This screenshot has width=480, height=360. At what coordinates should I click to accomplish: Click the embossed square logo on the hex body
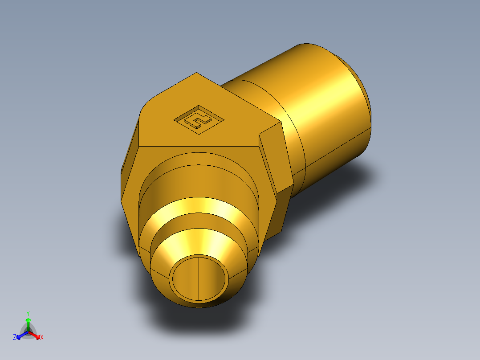(x=199, y=119)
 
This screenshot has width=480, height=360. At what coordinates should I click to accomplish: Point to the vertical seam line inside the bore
(x=197, y=278)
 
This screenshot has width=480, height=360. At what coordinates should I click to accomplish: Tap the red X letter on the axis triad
(x=42, y=338)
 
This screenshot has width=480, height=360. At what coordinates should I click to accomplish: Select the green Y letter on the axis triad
(x=28, y=313)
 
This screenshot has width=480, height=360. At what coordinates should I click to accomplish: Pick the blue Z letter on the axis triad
(x=15, y=337)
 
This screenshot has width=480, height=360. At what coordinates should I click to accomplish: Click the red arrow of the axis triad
(x=35, y=334)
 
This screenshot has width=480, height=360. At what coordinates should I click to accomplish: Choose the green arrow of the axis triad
(x=28, y=323)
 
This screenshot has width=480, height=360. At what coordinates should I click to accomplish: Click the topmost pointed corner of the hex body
(x=196, y=73)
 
